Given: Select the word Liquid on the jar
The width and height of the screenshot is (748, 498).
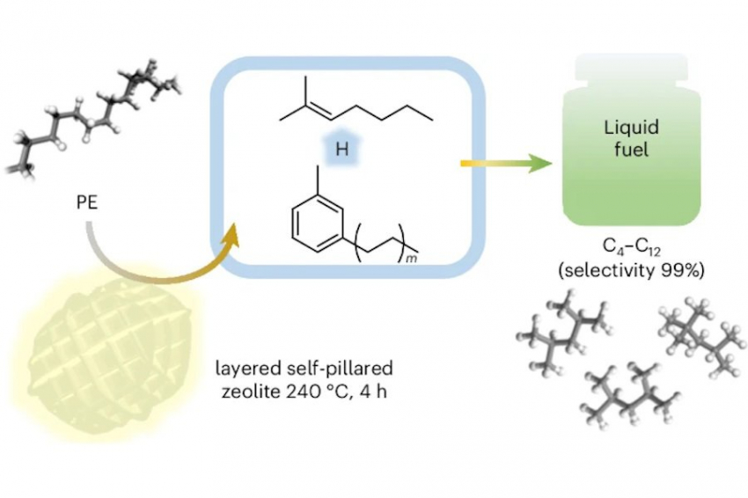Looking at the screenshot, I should [630, 128].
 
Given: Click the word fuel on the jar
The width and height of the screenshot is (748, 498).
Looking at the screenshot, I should [631, 150].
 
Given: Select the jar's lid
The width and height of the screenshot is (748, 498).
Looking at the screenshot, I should [630, 68].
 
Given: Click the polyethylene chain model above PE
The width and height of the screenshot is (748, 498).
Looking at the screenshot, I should [97, 110].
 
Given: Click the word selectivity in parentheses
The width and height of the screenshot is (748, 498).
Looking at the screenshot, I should [612, 271].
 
